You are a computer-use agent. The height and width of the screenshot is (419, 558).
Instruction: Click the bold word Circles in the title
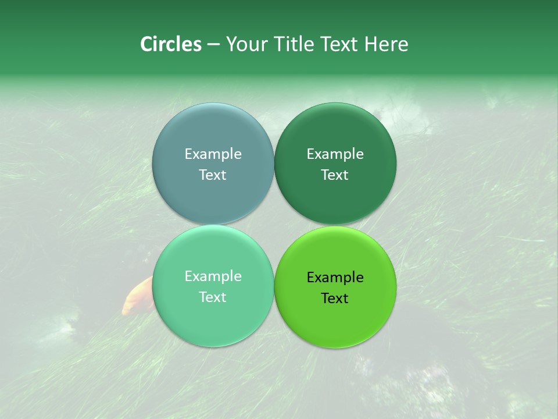click(x=170, y=44)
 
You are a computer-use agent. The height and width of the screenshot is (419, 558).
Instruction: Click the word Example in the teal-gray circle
click(x=213, y=154)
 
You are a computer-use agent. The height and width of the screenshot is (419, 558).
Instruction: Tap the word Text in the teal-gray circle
click(x=213, y=175)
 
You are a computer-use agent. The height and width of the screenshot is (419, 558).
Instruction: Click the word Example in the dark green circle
click(x=335, y=154)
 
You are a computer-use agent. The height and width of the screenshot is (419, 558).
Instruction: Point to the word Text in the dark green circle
click(x=335, y=175)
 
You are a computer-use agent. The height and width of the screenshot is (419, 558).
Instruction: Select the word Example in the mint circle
click(x=213, y=276)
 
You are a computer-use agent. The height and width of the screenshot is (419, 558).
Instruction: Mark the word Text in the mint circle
click(x=213, y=297)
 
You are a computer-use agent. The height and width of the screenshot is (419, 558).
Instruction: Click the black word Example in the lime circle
click(x=335, y=277)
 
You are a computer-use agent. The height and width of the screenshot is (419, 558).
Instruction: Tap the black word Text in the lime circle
click(x=335, y=298)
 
